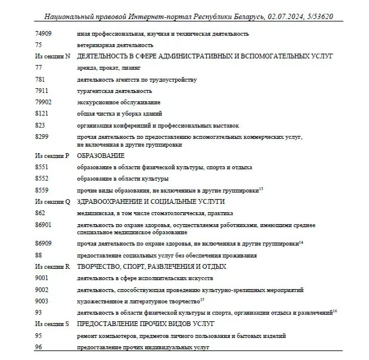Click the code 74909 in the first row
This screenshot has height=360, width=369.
[44, 34]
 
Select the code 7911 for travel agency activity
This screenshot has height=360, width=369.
[42, 91]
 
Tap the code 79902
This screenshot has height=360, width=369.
[44, 102]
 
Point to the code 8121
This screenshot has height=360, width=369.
[42, 113]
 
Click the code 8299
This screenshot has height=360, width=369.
[42, 136]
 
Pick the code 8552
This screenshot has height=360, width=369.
[42, 178]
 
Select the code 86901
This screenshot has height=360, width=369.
[44, 225]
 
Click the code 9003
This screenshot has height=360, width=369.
[42, 301]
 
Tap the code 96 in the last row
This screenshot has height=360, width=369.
[39, 347]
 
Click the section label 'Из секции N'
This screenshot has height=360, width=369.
[52, 56]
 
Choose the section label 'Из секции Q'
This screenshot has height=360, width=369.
[52, 201]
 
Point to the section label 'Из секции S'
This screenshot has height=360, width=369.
[52, 324]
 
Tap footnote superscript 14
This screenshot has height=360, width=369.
[301, 241]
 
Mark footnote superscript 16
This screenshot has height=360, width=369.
[335, 311]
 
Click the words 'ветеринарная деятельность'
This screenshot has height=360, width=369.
[115, 45]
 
